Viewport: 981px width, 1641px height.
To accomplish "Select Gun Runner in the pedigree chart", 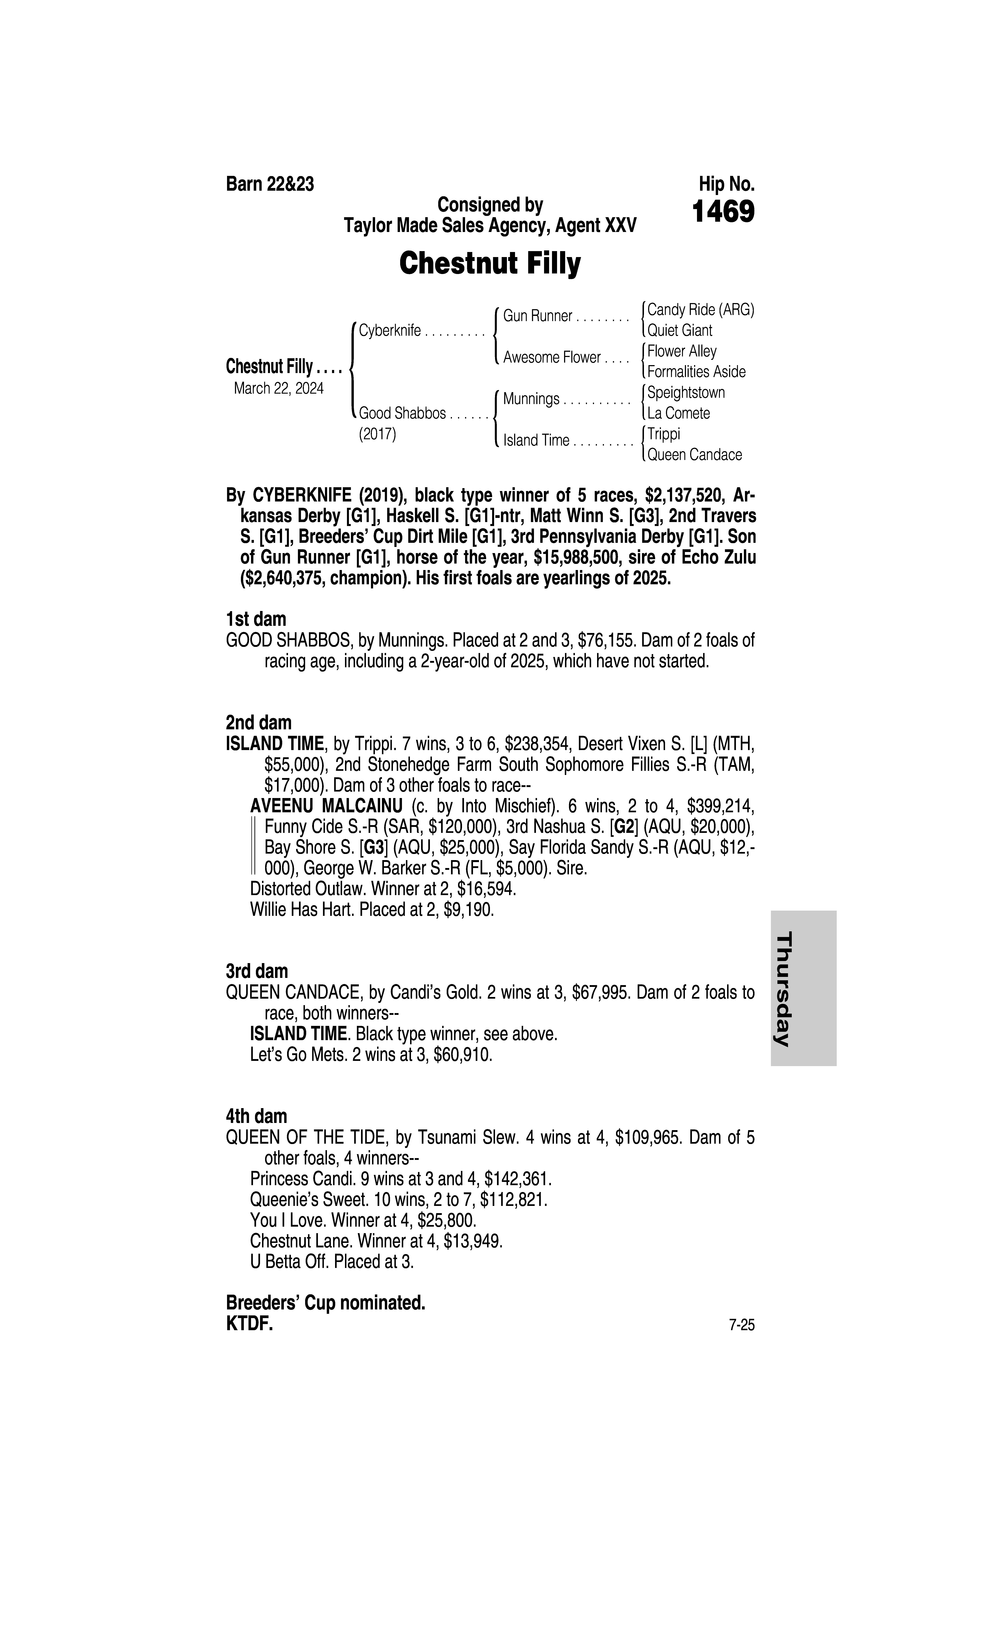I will [x=537, y=316].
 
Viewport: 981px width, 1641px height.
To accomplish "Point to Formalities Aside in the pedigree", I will [x=696, y=372].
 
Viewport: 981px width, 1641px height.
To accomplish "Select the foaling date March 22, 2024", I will [x=278, y=388].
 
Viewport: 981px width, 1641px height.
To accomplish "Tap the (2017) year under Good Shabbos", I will [x=377, y=434].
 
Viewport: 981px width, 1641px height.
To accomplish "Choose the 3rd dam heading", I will [x=256, y=971].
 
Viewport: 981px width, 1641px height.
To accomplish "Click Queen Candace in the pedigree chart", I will [x=694, y=455].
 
